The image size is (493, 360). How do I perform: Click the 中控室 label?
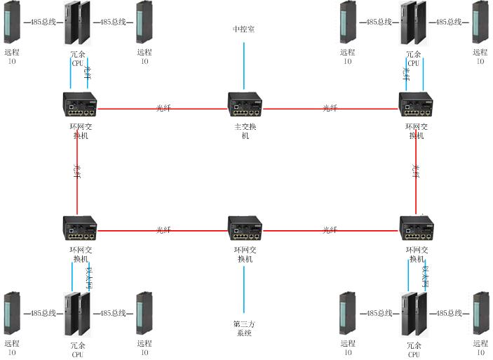point(244,29)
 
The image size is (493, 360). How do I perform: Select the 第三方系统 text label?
point(244,328)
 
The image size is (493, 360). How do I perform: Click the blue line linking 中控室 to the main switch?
point(244,67)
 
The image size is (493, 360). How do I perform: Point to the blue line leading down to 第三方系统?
point(244,288)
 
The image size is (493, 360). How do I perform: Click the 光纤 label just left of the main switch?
point(163,108)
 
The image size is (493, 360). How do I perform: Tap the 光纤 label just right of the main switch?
point(330,108)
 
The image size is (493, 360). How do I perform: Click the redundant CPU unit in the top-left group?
point(77,22)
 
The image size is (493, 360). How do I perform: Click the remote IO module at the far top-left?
point(12,22)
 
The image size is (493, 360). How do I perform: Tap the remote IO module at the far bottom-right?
point(480,314)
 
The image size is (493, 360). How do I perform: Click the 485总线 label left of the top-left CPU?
point(43,22)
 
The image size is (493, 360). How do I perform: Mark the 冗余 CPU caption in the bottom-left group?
point(78,349)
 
